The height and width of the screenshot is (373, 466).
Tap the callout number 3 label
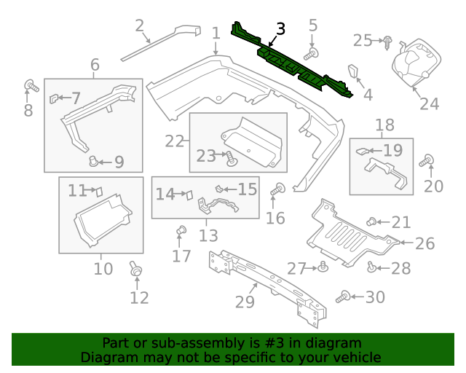(280, 29)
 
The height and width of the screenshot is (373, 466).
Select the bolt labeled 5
(311, 54)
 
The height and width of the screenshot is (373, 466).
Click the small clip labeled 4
(355, 72)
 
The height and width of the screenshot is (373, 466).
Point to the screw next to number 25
(387, 41)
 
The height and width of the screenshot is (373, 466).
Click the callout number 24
(429, 103)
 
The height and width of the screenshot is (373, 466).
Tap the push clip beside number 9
(93, 160)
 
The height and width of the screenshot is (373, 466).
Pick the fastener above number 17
(181, 232)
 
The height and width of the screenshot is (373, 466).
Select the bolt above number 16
(277, 190)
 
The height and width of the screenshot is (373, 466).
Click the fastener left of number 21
(371, 221)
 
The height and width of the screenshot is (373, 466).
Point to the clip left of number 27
(322, 269)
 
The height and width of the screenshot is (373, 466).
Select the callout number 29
(245, 301)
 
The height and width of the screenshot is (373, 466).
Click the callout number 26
(424, 243)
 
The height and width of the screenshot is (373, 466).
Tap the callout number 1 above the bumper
(216, 33)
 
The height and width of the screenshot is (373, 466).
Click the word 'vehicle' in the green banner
(355, 357)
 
